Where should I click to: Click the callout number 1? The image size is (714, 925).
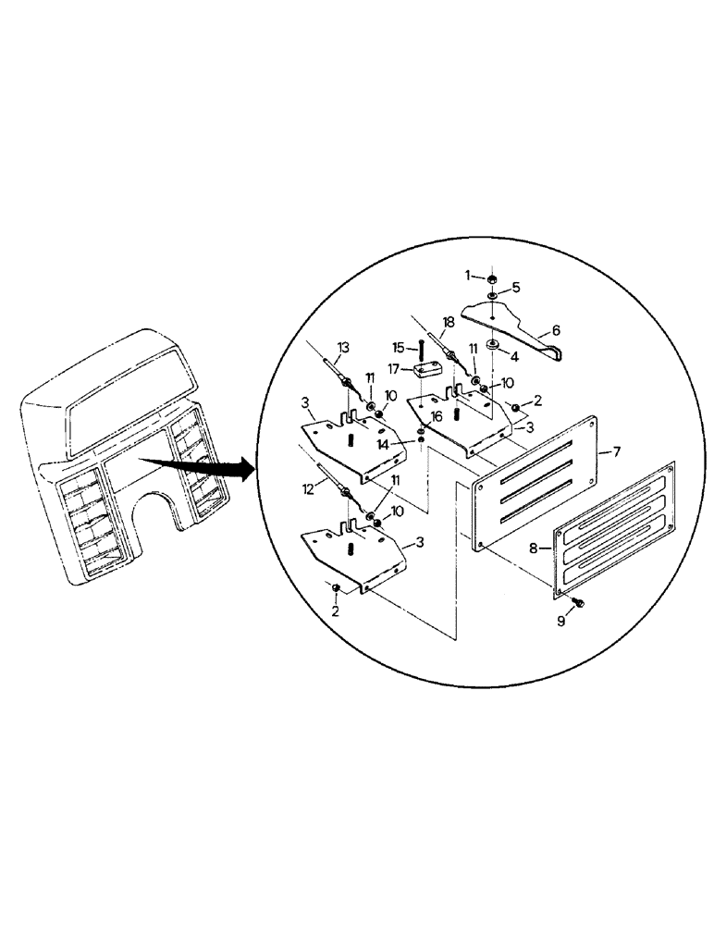469,275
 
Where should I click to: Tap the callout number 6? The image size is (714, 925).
556,328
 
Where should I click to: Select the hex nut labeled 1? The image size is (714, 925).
492,277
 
